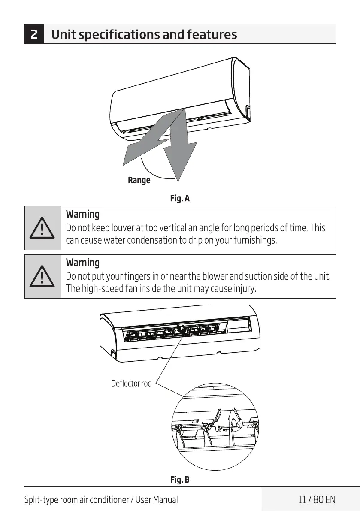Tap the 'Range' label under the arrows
click(x=139, y=180)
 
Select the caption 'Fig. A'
click(x=180, y=199)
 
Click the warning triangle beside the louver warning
click(x=42, y=229)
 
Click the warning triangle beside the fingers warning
click(x=42, y=277)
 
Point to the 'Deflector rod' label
click(x=131, y=383)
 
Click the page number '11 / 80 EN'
click(x=316, y=499)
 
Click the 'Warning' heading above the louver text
click(x=82, y=214)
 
